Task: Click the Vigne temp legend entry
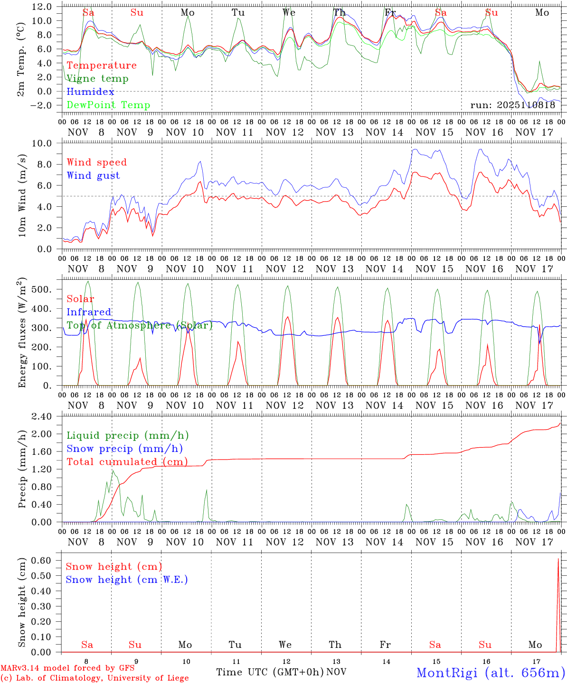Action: click(x=97, y=79)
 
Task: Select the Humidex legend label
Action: click(x=90, y=92)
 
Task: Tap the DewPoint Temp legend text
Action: click(x=108, y=105)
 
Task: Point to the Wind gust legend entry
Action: click(x=93, y=175)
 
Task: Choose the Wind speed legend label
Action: click(x=97, y=162)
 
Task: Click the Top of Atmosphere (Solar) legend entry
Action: click(x=140, y=325)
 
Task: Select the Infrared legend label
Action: click(x=89, y=312)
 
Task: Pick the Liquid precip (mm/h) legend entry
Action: click(x=128, y=435)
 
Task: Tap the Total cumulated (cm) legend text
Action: click(x=127, y=462)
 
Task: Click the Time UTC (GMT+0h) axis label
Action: click(x=270, y=672)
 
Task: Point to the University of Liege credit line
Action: click(x=95, y=678)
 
